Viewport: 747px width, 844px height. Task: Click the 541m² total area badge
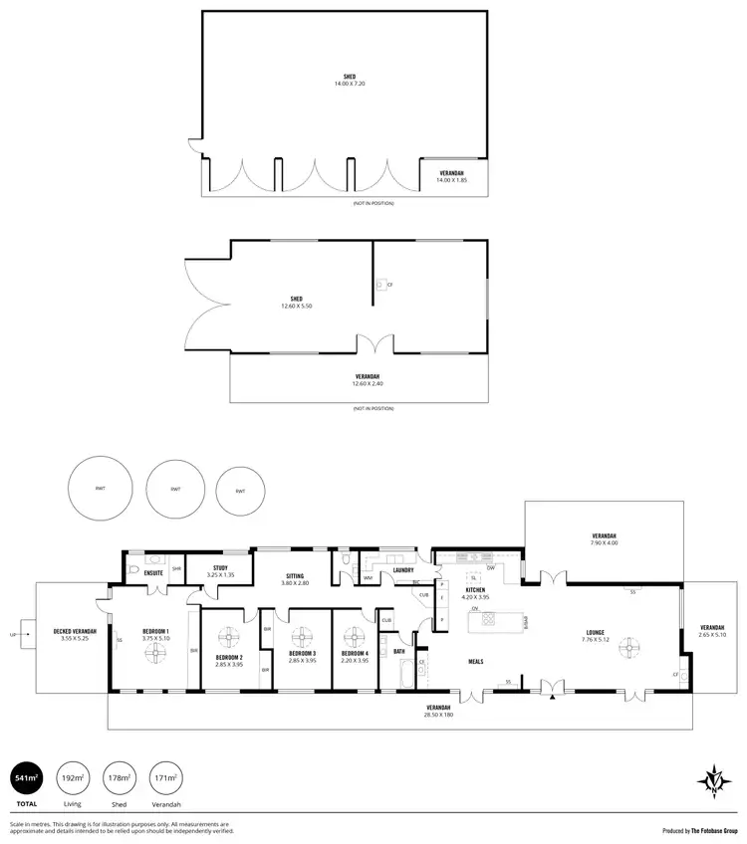tap(25, 778)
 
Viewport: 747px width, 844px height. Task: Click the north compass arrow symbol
tap(715, 778)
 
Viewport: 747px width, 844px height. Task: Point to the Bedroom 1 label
tap(155, 632)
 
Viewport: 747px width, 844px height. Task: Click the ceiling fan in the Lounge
tap(626, 649)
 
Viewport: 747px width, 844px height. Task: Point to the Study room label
tap(220, 569)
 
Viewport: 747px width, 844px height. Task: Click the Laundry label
tap(402, 570)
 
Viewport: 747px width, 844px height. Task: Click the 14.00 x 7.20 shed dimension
tap(352, 83)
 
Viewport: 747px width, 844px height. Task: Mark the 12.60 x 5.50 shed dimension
tap(296, 306)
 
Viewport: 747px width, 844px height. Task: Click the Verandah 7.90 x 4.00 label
tap(604, 538)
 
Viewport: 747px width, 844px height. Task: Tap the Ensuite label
tap(153, 573)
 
